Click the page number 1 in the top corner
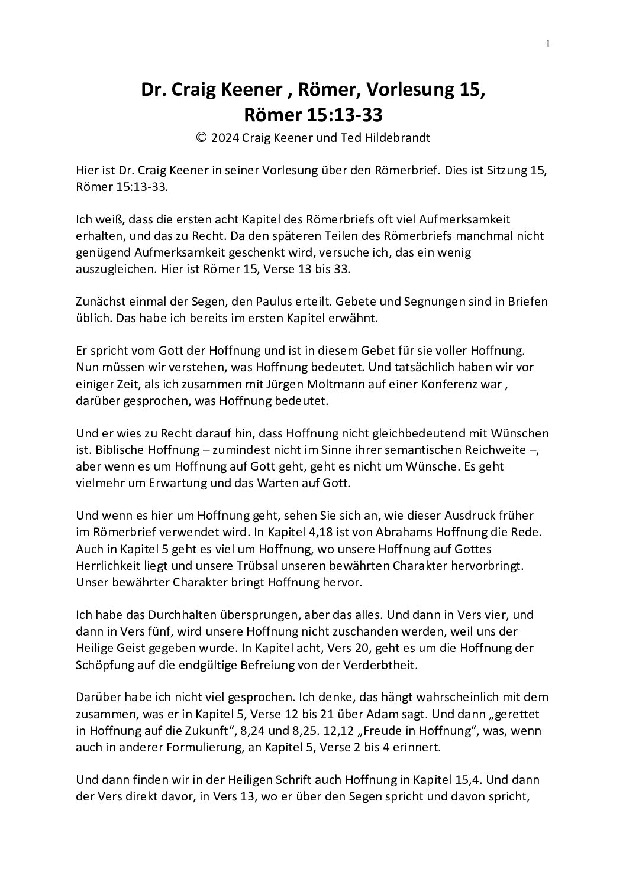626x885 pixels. [x=548, y=43]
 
